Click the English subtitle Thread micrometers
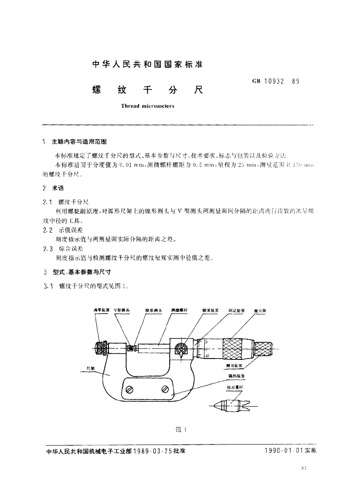(x=147, y=107)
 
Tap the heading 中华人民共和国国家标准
(x=148, y=64)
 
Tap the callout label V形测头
(x=121, y=310)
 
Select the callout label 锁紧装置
(x=211, y=310)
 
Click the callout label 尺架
(x=90, y=368)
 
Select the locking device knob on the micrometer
(x=181, y=349)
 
